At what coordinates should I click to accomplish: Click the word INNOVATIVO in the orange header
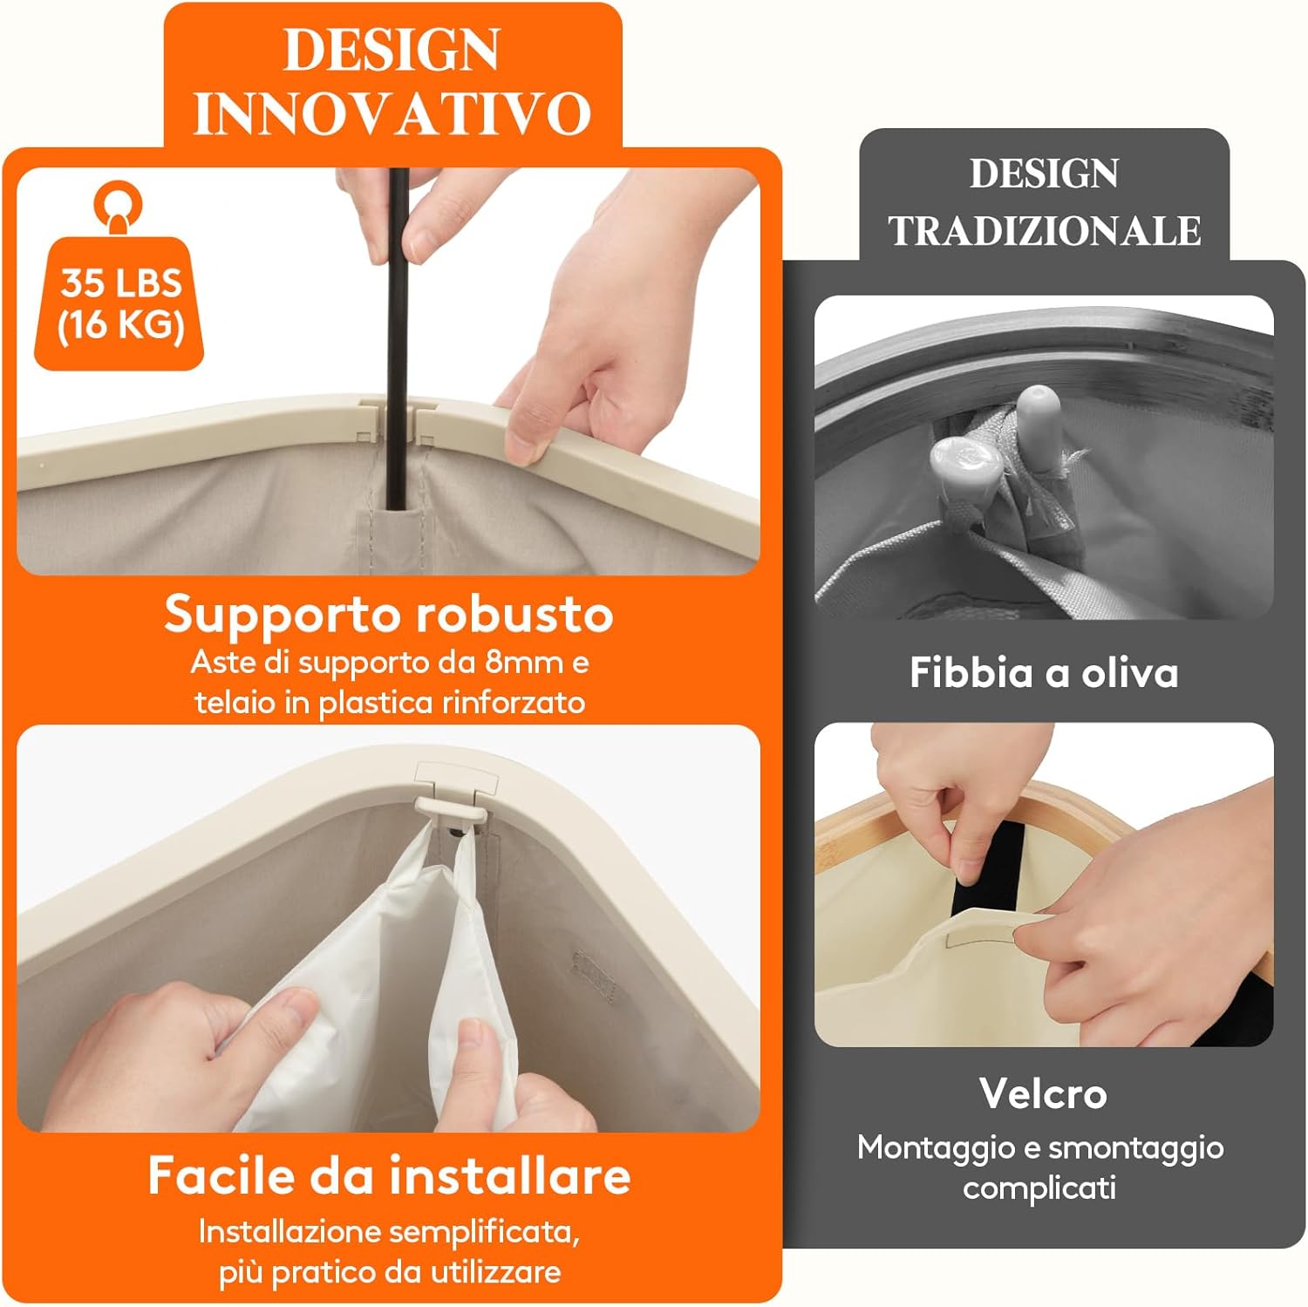coord(392,113)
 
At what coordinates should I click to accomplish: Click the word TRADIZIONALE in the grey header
coord(1044,231)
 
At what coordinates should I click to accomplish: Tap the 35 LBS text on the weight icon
coord(121,283)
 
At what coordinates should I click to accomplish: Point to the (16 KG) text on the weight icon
coord(121,325)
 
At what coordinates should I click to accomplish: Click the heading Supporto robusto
coord(389,615)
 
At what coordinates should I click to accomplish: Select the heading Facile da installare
coord(389,1175)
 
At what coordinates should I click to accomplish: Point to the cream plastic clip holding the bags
coord(452,807)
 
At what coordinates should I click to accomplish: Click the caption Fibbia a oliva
coord(1044,673)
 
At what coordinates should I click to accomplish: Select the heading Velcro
coord(1043,1093)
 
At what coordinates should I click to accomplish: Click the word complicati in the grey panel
coord(1039,1188)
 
